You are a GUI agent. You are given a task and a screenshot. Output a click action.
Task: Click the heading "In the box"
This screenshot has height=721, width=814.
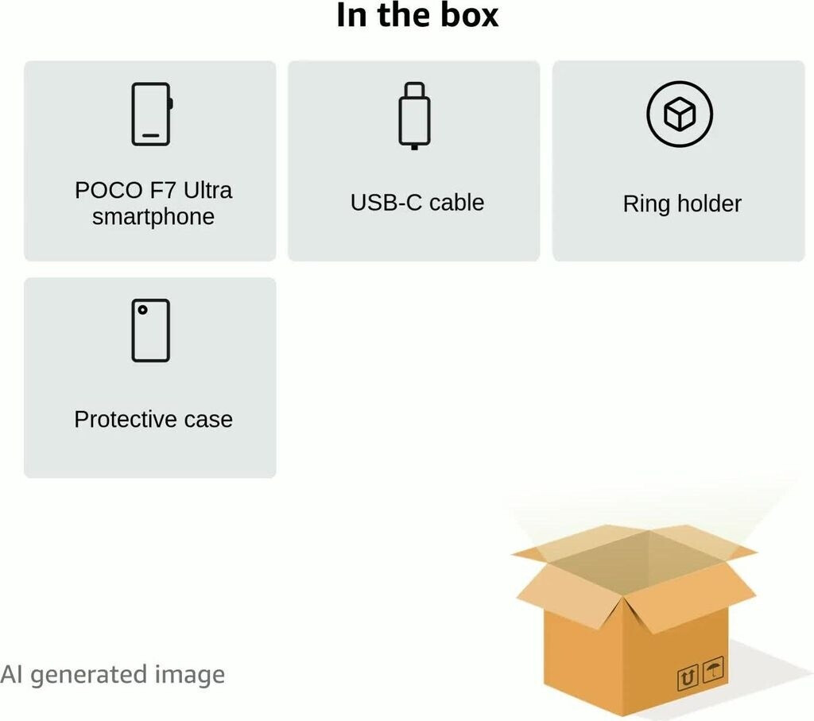(417, 16)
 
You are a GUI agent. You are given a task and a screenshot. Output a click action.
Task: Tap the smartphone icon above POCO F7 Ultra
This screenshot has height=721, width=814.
(151, 114)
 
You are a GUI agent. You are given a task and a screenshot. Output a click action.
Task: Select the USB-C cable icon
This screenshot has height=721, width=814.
(414, 115)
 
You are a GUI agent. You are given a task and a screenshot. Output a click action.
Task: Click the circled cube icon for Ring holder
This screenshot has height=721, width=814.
(679, 115)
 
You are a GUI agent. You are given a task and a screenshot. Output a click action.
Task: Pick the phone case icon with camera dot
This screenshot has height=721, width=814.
(150, 330)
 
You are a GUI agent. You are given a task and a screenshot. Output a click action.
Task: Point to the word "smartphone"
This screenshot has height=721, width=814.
(153, 217)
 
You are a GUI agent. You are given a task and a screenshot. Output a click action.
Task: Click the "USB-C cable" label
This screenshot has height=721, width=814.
(417, 203)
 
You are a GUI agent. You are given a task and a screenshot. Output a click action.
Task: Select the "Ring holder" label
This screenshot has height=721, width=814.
(682, 204)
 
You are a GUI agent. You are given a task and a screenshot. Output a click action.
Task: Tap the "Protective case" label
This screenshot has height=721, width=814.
(153, 420)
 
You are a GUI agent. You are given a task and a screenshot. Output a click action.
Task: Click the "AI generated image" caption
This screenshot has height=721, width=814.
(112, 675)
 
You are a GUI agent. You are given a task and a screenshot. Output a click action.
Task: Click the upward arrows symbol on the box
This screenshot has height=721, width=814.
(688, 678)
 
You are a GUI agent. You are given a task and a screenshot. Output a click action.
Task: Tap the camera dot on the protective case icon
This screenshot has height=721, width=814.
(142, 310)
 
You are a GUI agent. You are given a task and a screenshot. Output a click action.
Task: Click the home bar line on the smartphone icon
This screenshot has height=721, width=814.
(150, 136)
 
